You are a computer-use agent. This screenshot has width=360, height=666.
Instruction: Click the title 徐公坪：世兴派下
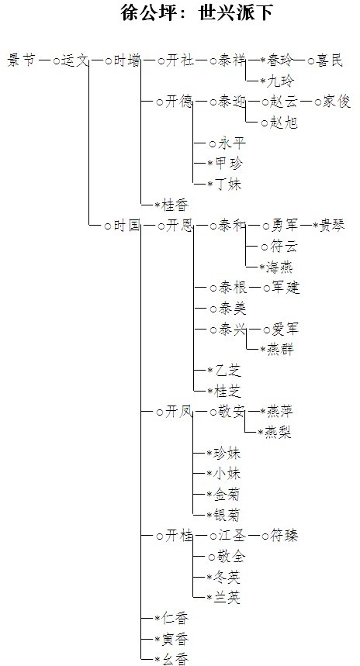click(196, 12)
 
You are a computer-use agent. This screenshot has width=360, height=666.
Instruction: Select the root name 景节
click(21, 60)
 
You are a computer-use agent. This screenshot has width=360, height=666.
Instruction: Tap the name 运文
click(75, 60)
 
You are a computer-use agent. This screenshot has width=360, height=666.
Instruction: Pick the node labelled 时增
click(126, 60)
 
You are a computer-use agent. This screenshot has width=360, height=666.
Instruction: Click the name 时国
click(126, 226)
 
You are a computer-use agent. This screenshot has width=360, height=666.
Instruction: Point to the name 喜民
click(329, 60)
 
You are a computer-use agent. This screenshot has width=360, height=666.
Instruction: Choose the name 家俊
click(336, 102)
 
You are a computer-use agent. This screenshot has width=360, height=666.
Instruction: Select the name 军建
click(286, 288)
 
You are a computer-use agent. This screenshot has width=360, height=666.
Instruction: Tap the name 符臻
click(284, 536)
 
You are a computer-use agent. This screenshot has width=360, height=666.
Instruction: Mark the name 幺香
click(175, 659)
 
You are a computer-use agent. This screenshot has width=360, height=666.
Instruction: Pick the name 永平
click(232, 143)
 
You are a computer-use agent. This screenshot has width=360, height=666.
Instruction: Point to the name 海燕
click(279, 267)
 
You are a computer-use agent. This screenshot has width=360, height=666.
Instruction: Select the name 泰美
click(232, 309)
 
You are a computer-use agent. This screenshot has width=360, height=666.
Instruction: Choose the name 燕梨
click(277, 433)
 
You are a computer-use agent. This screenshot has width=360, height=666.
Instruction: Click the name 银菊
click(227, 516)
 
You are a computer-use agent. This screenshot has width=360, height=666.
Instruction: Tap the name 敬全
click(232, 557)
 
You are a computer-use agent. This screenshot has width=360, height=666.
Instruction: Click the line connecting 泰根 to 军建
click(255, 288)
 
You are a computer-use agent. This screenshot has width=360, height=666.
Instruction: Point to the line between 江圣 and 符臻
click(254, 536)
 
